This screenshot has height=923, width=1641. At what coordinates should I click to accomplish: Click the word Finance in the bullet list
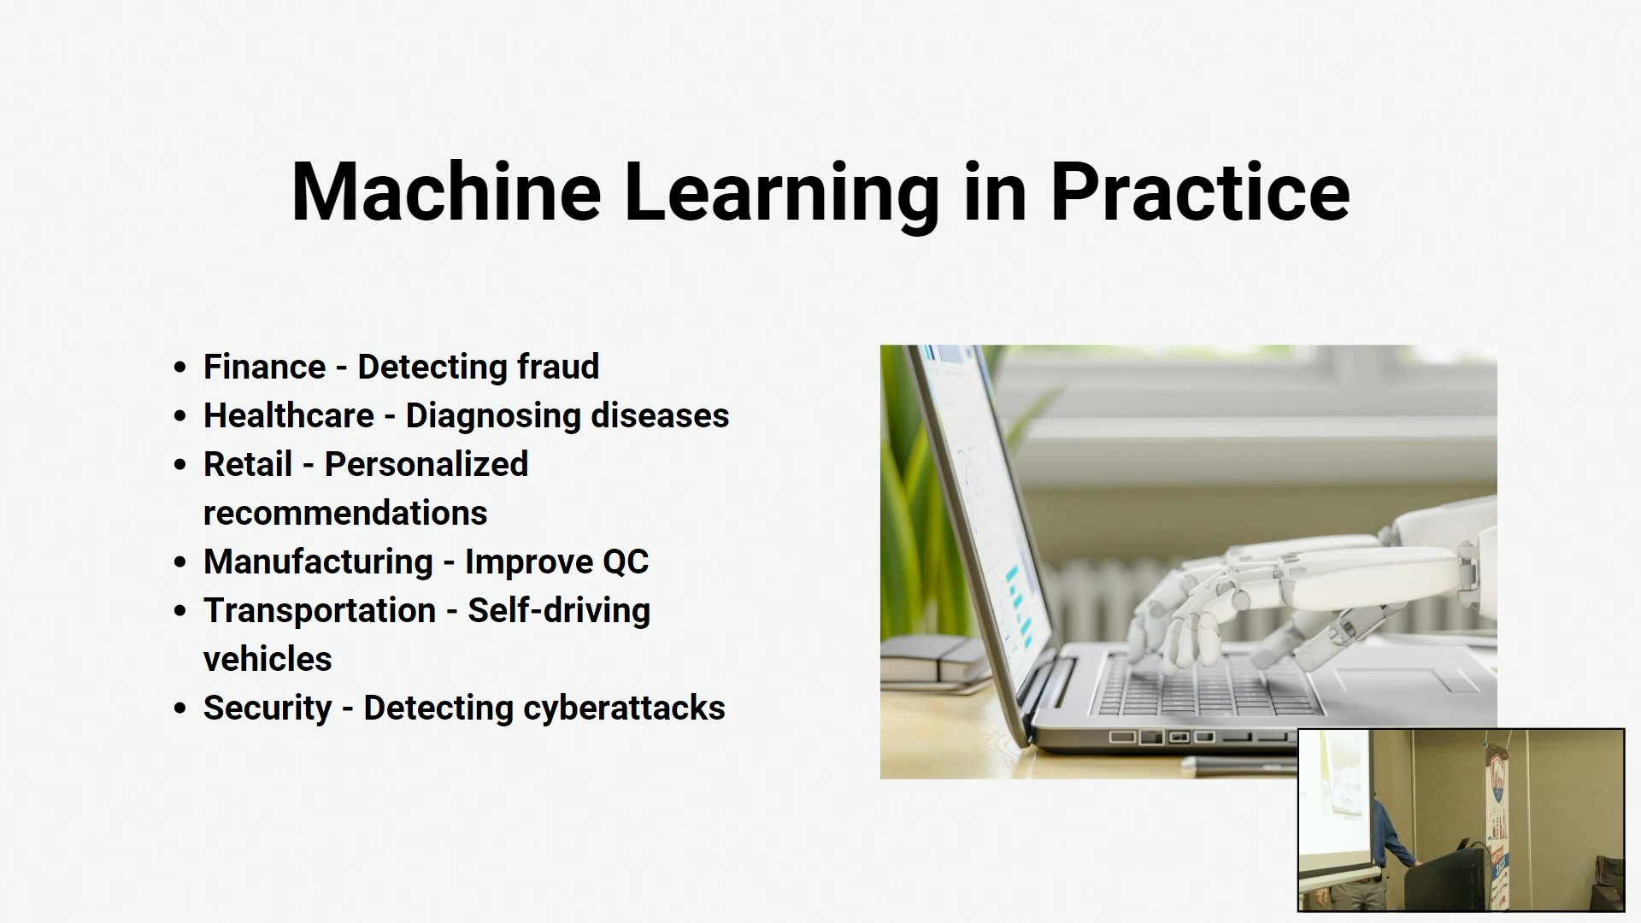[x=264, y=367]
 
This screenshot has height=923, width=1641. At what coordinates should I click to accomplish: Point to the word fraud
[x=558, y=367]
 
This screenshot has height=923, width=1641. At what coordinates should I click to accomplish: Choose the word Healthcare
[x=289, y=415]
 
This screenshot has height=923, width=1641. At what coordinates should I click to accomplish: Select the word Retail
[x=248, y=464]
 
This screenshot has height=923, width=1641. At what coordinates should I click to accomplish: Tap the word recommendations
[x=345, y=513]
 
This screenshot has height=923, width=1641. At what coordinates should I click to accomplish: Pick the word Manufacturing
[x=318, y=562]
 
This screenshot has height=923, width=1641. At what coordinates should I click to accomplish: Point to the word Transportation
[x=320, y=610]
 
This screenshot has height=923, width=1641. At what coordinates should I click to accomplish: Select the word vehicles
[x=268, y=659]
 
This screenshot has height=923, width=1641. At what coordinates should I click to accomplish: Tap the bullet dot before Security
[x=179, y=708]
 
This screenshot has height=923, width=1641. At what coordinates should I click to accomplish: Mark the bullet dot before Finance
[x=179, y=367]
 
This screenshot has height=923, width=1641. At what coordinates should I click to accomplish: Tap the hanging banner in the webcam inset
[x=1497, y=820]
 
